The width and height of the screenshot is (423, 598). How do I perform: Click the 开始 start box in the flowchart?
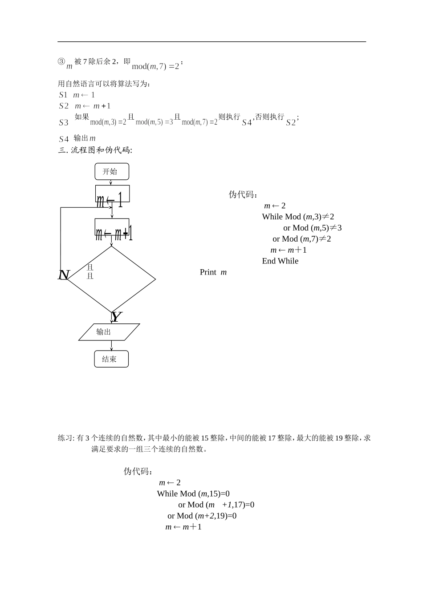coord(112,171)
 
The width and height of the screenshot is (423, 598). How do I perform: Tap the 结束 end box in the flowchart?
coord(111,359)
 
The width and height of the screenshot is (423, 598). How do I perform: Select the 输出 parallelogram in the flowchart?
coord(109,332)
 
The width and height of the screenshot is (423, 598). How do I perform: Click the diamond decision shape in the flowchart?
coord(111,279)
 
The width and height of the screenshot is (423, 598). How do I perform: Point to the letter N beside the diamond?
coord(64,275)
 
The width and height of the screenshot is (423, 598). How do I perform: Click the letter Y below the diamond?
coord(116,317)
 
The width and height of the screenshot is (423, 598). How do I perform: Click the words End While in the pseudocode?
coord(280,261)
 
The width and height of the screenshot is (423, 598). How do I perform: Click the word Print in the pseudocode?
coord(208,272)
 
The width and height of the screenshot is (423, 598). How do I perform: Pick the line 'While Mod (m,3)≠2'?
coord(298,217)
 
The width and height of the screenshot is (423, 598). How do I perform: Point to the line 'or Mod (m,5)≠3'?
coord(312,228)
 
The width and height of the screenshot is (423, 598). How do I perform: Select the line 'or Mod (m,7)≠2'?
coord(301,239)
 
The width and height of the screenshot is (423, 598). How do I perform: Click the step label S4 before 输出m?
coord(64,139)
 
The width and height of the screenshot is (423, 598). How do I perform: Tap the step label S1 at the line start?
coord(63,95)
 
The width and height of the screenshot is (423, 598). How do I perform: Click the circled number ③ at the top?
coord(61,62)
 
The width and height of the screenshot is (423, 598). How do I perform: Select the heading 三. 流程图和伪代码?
coord(95,150)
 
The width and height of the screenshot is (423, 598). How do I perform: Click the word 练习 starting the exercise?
coord(65,438)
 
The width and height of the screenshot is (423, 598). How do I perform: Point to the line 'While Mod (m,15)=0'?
coord(193,493)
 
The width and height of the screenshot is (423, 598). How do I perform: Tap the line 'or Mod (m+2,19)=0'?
coord(202,516)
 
